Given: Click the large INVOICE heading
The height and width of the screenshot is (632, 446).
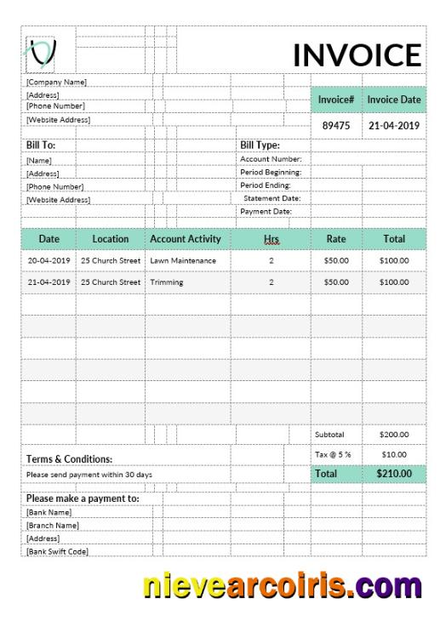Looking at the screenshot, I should pyautogui.click(x=357, y=55).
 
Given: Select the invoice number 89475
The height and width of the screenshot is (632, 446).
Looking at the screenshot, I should pyautogui.click(x=336, y=125).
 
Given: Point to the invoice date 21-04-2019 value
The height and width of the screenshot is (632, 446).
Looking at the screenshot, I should pyautogui.click(x=394, y=125).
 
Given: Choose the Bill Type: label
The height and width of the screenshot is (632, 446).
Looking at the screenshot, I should pyautogui.click(x=260, y=145).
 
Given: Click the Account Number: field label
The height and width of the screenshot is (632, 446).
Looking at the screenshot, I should pyautogui.click(x=271, y=159).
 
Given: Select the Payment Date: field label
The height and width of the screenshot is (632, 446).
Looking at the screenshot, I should pyautogui.click(x=266, y=211).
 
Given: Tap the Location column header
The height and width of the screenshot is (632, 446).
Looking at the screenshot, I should pyautogui.click(x=111, y=239).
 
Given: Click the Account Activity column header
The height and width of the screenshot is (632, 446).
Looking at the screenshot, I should pyautogui.click(x=185, y=239).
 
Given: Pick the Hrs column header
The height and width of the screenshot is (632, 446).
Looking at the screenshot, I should pyautogui.click(x=272, y=239).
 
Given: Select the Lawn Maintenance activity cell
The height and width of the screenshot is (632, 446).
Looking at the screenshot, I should pyautogui.click(x=183, y=260).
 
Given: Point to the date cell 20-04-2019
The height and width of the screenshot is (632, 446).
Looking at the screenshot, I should pyautogui.click(x=49, y=260).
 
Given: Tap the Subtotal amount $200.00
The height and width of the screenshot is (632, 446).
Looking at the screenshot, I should pyautogui.click(x=394, y=435).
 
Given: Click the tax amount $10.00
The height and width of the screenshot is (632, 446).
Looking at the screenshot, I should pyautogui.click(x=394, y=454).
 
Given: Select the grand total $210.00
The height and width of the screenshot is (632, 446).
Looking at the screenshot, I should pyautogui.click(x=394, y=474).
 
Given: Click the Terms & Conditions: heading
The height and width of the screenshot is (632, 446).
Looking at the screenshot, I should pyautogui.click(x=70, y=459).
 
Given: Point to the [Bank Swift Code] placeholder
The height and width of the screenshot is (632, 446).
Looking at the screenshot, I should pyautogui.click(x=58, y=551).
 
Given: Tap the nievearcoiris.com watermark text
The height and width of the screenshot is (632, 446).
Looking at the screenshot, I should pyautogui.click(x=283, y=587).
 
